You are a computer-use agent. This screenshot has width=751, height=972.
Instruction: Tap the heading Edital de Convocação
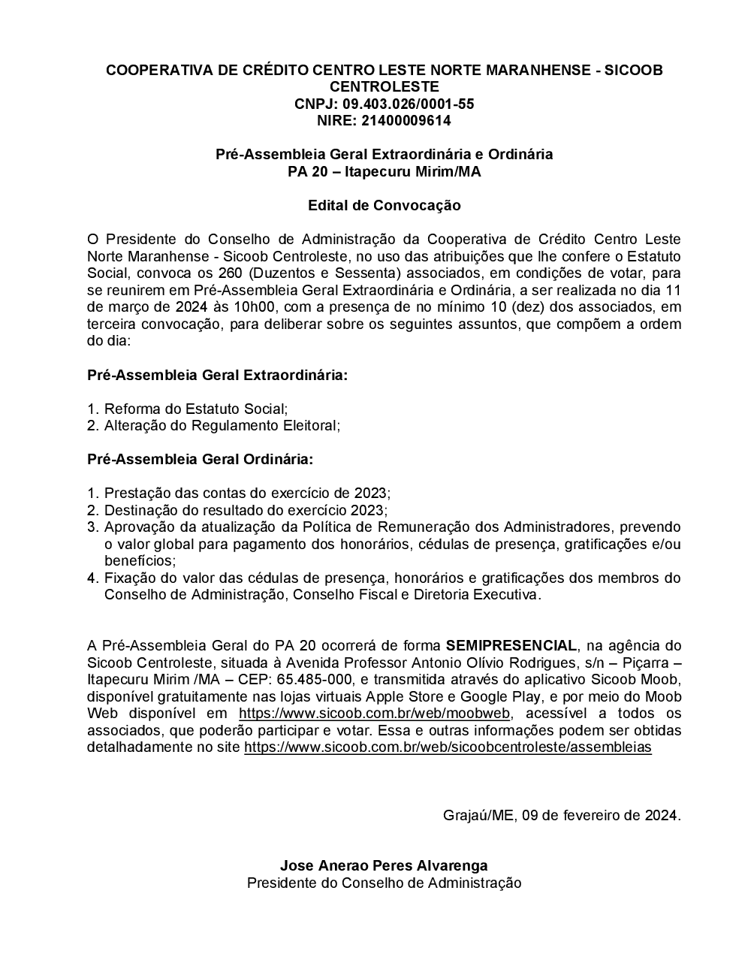pyautogui.click(x=384, y=205)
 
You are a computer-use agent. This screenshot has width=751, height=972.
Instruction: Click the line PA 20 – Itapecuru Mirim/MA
pyautogui.click(x=384, y=171)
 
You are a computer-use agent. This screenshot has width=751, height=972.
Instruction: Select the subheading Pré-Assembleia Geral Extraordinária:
pyautogui.click(x=218, y=374)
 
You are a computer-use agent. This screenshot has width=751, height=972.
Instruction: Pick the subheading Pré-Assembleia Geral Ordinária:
pyautogui.click(x=201, y=458)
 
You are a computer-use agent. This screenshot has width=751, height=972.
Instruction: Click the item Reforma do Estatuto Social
pyautogui.click(x=195, y=409)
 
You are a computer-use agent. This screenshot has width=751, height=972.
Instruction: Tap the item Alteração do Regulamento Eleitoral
pyautogui.click(x=222, y=425)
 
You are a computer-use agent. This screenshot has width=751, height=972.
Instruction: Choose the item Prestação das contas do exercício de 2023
pyautogui.click(x=247, y=493)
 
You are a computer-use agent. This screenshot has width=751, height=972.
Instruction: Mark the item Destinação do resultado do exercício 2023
pyautogui.click(x=245, y=510)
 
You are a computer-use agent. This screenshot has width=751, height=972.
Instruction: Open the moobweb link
pyautogui.click(x=374, y=713)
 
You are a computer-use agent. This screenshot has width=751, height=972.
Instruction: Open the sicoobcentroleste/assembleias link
pyautogui.click(x=448, y=747)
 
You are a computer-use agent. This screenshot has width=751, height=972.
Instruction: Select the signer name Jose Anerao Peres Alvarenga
pyautogui.click(x=384, y=865)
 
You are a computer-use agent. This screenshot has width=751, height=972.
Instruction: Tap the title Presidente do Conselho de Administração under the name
pyautogui.click(x=384, y=883)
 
